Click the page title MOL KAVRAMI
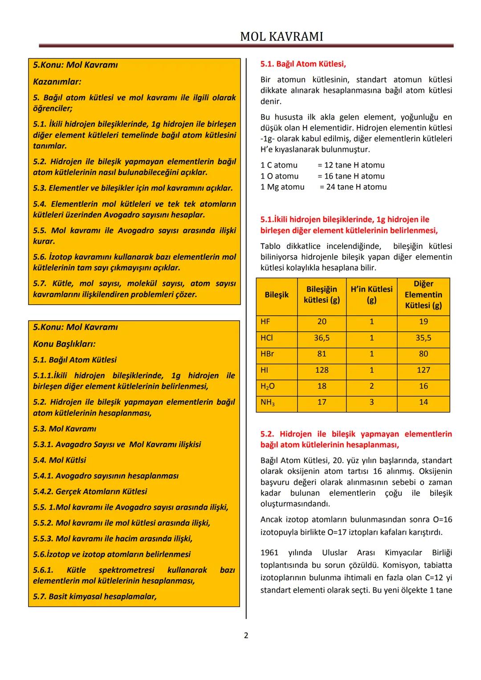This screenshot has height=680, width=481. coord(281,37)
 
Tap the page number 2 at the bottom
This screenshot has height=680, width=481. coord(246,635)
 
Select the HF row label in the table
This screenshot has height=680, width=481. coord(265,322)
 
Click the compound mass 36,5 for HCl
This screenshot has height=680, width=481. coord(322,338)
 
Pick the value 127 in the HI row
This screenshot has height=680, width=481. coord(423,370)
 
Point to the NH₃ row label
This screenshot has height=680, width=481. coord(268,403)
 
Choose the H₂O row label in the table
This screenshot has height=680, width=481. coord(268,387)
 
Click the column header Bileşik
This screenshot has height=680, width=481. coord(277,295)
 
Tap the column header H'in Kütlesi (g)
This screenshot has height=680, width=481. coord(371,295)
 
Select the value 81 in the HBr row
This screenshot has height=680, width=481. coord(322,354)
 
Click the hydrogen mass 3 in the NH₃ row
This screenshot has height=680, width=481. coord(371,402)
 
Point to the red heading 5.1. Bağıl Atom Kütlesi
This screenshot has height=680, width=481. coord(303,64)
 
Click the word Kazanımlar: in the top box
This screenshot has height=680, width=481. coord(57,82)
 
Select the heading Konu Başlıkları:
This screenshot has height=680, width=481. coord(64,344)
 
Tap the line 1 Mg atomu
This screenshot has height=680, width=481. coord(282,187)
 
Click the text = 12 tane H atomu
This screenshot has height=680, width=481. coord(351,165)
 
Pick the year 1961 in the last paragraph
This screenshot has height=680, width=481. coord(269,553)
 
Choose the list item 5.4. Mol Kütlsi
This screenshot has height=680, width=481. coord(60,460)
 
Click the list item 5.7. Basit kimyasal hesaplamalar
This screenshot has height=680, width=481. coord(95,596)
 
